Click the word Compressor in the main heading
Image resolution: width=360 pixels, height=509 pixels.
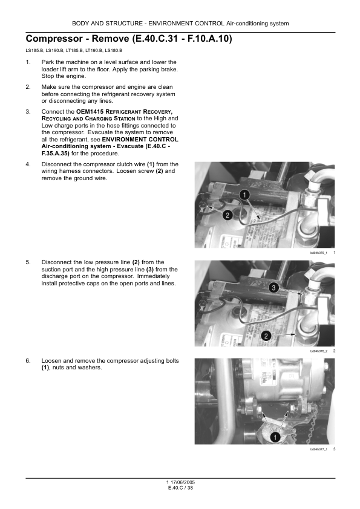click(54, 39)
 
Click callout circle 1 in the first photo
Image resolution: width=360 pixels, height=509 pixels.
click(244, 195)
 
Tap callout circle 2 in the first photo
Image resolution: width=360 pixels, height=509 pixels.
click(227, 215)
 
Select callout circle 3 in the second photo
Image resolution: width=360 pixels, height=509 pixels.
click(273, 288)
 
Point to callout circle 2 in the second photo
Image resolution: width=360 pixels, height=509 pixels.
click(266, 336)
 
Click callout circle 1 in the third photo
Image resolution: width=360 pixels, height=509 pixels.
click(275, 437)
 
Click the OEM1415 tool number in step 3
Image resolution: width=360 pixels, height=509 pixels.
click(90, 112)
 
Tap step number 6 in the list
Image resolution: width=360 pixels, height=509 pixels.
click(28, 361)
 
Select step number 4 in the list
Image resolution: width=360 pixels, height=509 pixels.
click(28, 164)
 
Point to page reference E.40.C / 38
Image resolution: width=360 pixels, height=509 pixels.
click(180, 488)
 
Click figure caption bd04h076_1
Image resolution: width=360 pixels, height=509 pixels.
click(318, 253)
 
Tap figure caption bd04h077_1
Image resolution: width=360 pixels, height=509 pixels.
click(318, 449)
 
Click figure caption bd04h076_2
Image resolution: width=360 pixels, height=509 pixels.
click(318, 351)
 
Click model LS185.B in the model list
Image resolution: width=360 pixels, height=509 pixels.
click(34, 51)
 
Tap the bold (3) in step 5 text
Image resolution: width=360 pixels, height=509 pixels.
click(150, 270)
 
